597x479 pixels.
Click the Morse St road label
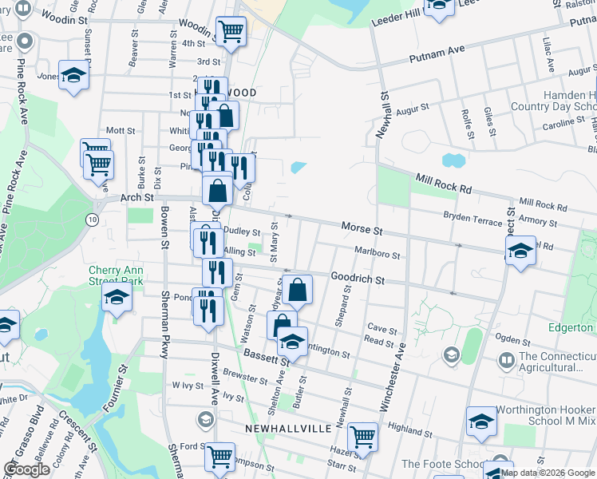(362, 228)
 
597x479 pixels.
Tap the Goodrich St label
(358, 279)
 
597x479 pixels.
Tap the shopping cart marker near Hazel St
(362, 437)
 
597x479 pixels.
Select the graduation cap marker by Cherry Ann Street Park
(117, 299)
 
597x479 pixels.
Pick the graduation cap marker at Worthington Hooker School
(482, 421)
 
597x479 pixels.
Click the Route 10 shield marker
(93, 219)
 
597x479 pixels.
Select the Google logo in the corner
(26, 469)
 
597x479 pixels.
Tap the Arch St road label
(136, 197)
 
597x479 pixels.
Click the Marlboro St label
(378, 253)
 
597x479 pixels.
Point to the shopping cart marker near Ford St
(219, 457)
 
